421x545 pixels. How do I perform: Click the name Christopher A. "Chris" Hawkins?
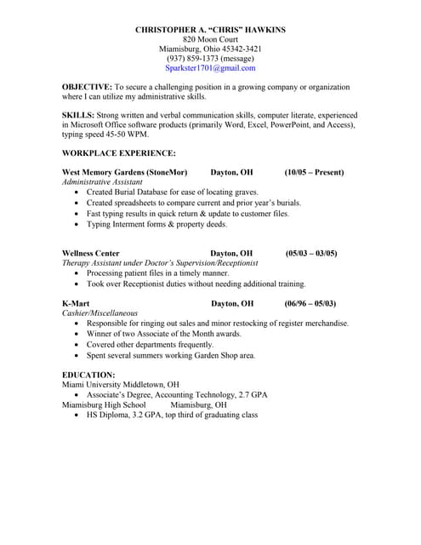(x=210, y=30)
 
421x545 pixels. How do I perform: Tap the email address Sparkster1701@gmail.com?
(x=210, y=68)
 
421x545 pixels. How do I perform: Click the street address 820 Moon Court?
(x=210, y=39)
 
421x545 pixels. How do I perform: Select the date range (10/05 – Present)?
(x=314, y=172)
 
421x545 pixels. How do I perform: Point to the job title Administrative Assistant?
(x=102, y=182)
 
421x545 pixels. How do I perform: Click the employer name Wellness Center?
(x=91, y=254)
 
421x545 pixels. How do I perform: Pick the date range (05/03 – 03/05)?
(x=311, y=254)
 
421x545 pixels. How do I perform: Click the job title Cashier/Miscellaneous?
(x=100, y=313)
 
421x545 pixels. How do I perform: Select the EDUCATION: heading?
(x=88, y=375)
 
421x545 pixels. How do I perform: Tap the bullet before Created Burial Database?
(x=77, y=192)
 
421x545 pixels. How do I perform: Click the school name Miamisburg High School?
(x=104, y=405)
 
